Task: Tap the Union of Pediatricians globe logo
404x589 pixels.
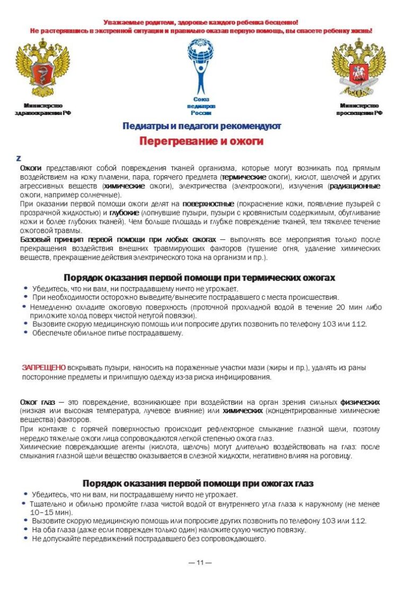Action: (x=201, y=66)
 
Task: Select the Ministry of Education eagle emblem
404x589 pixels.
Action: (x=359, y=67)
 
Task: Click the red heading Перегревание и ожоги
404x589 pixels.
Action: (x=201, y=142)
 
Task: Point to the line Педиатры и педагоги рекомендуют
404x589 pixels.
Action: (x=201, y=127)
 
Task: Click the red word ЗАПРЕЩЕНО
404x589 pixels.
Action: (x=43, y=367)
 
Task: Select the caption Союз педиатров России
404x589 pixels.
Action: (x=201, y=106)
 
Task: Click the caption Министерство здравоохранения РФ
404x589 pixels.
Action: (x=43, y=109)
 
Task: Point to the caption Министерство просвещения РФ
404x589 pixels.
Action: (x=359, y=109)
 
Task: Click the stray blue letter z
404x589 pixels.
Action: (x=19, y=158)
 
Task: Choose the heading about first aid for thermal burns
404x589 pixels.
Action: (x=199, y=278)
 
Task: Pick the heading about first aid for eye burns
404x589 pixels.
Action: (x=198, y=483)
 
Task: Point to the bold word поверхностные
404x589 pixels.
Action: (x=208, y=203)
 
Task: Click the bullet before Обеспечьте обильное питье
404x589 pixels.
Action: (x=25, y=333)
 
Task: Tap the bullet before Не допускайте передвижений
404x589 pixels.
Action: (x=25, y=539)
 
